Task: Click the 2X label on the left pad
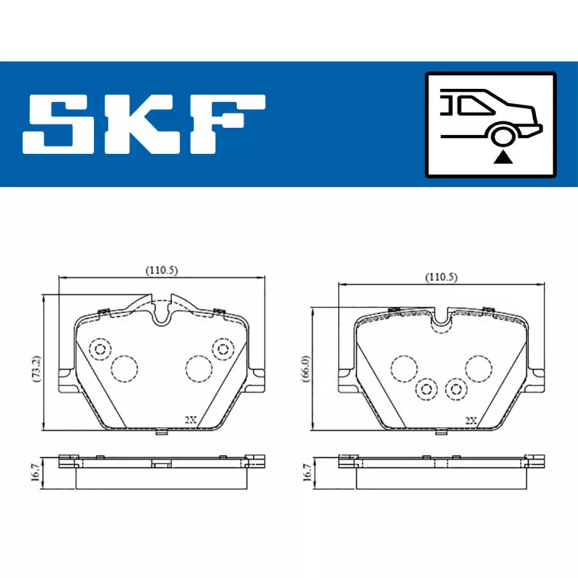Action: click(190, 419)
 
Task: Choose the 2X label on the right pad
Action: click(471, 419)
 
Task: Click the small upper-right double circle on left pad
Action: click(221, 349)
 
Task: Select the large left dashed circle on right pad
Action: click(402, 368)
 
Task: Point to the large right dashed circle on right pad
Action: click(479, 368)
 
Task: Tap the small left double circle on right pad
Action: click(426, 389)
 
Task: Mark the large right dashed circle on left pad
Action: click(197, 368)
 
